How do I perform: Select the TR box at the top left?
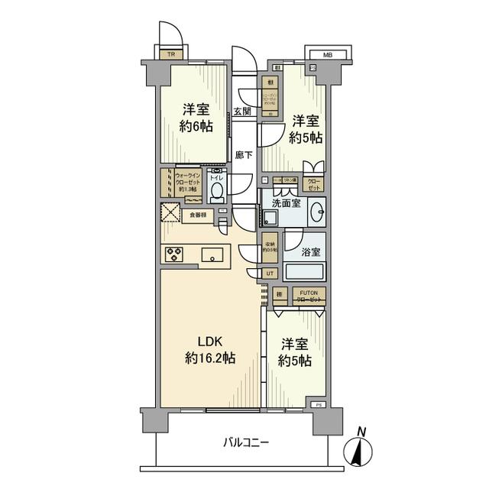[x=170, y=55]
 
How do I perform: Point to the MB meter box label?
[x=327, y=55]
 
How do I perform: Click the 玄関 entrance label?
[x=242, y=112]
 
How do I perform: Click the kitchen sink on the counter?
[x=212, y=254]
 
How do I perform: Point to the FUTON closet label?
[x=309, y=294]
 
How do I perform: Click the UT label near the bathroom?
[x=270, y=273]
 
